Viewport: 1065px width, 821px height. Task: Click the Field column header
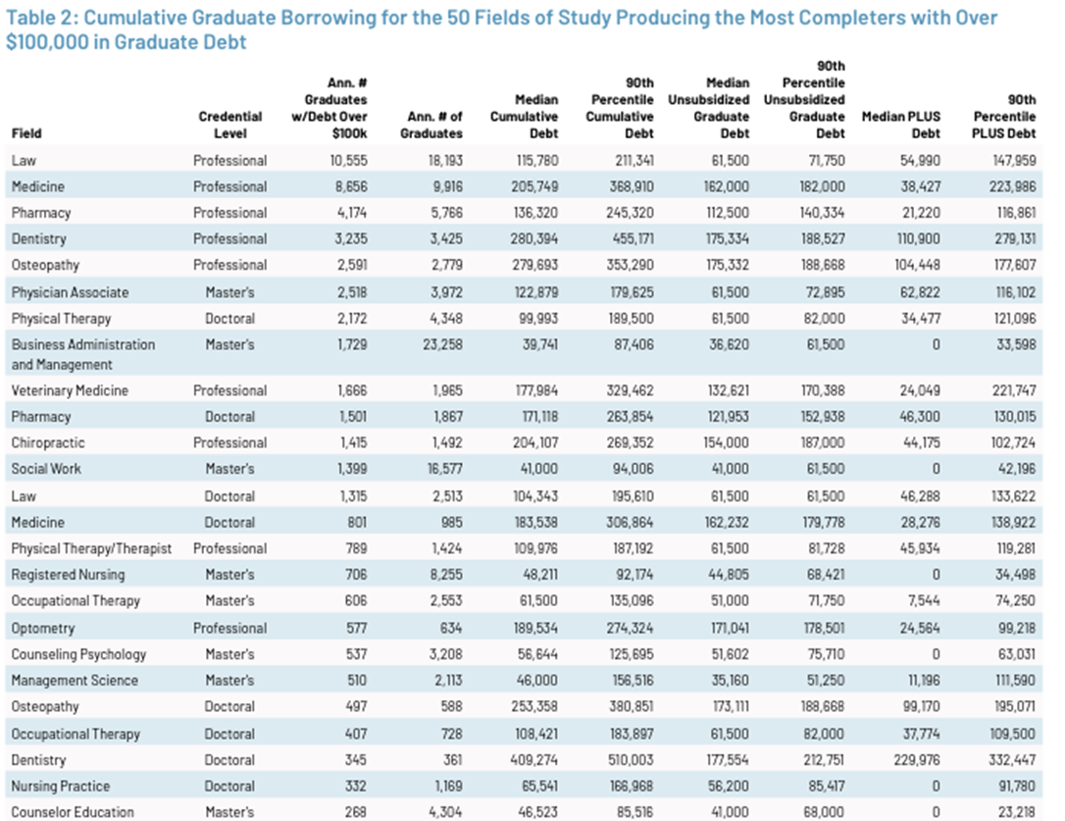[x=26, y=133]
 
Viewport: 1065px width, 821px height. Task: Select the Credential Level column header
[x=230, y=125]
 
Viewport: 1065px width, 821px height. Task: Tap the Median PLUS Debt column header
[x=900, y=117]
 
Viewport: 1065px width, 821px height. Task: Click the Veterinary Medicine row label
[x=70, y=390]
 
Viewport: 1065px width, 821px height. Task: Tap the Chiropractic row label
[x=48, y=442]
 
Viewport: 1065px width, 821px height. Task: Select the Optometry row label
[x=45, y=628]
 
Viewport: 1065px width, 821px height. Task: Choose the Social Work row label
[x=46, y=469]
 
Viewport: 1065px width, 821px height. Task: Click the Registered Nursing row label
[x=68, y=575]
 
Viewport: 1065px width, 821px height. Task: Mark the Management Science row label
[x=75, y=681]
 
